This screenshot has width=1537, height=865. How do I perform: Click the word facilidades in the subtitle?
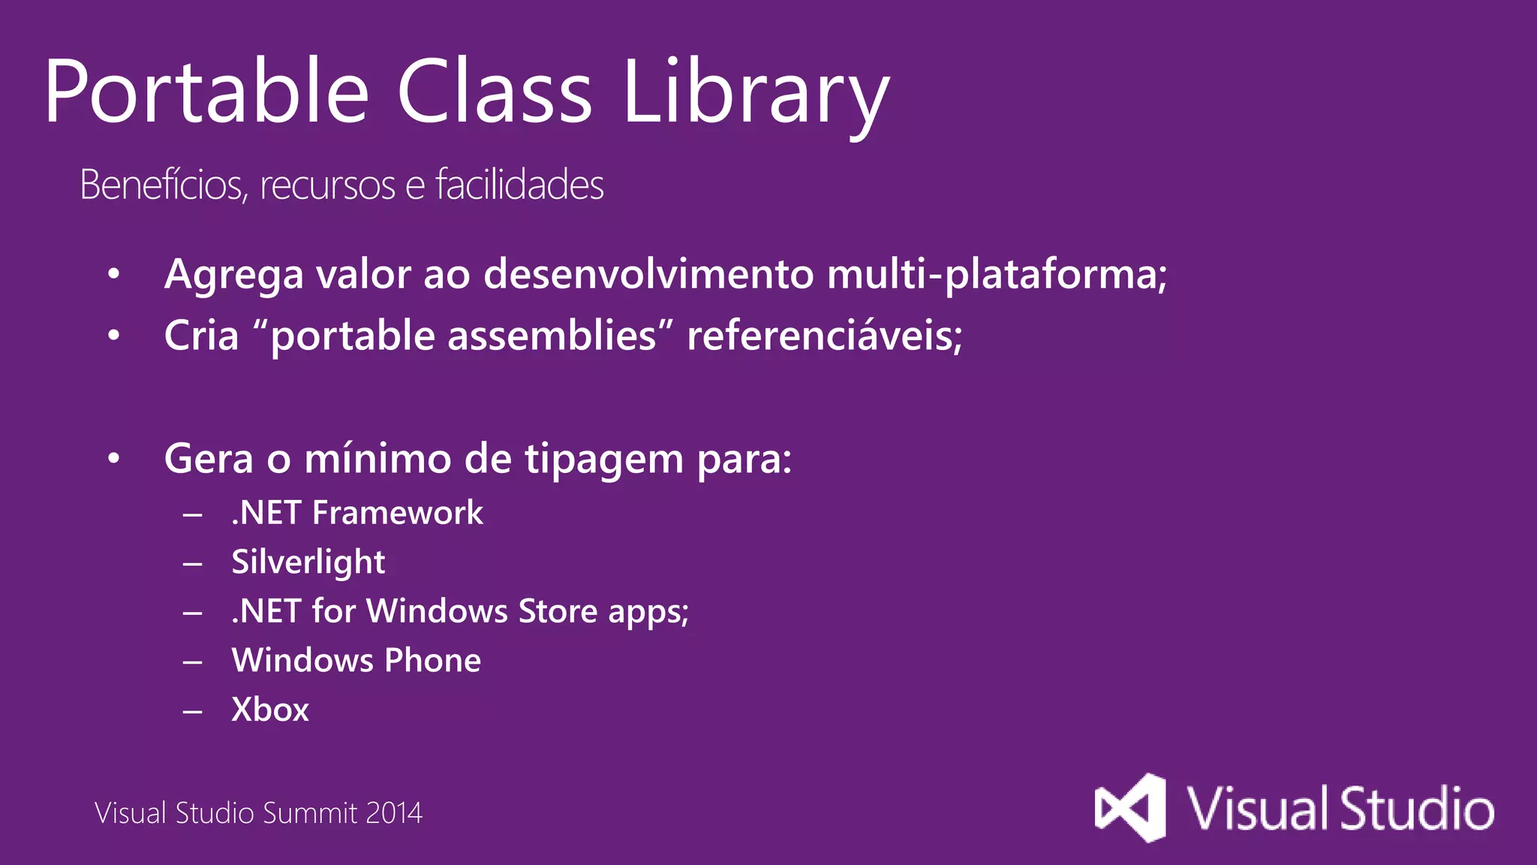[519, 185]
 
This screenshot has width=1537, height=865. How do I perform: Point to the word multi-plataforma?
[997, 274]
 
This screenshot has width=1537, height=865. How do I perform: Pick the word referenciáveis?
[824, 335]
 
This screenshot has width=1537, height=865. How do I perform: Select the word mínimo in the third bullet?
[377, 458]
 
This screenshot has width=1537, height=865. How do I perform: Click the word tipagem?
[603, 460]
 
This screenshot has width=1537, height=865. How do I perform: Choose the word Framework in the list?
[397, 513]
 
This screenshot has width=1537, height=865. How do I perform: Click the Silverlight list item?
[308, 562]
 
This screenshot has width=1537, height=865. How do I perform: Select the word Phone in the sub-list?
[432, 661]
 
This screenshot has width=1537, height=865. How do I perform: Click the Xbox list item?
[270, 710]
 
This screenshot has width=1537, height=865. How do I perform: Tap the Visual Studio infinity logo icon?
[1130, 808]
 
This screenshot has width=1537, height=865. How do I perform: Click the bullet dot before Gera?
[113, 458]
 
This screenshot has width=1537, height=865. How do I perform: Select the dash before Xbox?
[193, 710]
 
